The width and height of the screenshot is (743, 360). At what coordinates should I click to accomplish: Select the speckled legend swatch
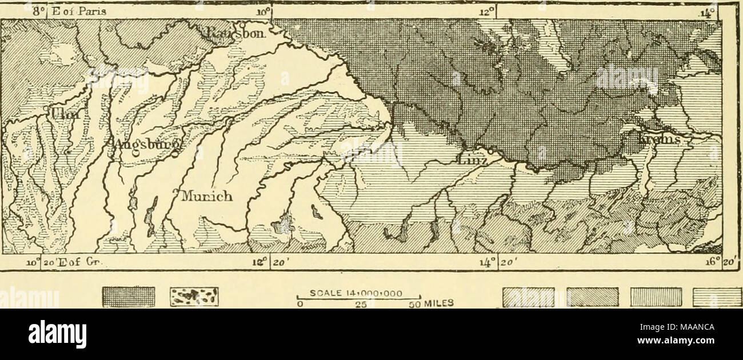pos(194,297)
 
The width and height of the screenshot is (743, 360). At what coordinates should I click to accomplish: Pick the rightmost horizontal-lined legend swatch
pos(717,297)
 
